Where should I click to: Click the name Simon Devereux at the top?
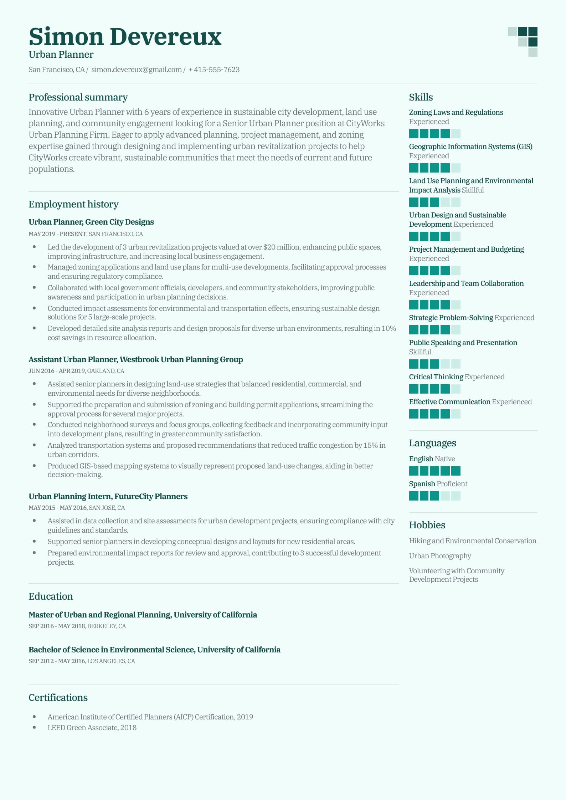(125, 37)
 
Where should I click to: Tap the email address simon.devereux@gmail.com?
(137, 70)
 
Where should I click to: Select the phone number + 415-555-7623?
(214, 70)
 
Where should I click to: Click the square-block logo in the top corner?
(523, 42)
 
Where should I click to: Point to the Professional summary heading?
(78, 97)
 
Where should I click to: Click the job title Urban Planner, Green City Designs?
(91, 222)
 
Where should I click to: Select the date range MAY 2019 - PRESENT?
(57, 234)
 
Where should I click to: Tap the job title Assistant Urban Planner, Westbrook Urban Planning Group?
(136, 359)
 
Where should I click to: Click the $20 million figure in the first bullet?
(281, 247)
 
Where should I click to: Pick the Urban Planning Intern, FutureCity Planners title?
(108, 496)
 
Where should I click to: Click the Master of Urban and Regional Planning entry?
(143, 615)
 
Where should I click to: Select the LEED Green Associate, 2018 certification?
(92, 728)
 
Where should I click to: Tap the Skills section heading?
(421, 97)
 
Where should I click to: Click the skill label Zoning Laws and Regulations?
(456, 112)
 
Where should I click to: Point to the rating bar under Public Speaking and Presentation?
(434, 364)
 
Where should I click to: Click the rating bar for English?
(434, 471)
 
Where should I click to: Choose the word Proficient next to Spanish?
(452, 484)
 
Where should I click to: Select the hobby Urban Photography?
(440, 556)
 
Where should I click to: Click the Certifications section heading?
(58, 697)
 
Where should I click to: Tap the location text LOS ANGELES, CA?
(111, 661)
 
